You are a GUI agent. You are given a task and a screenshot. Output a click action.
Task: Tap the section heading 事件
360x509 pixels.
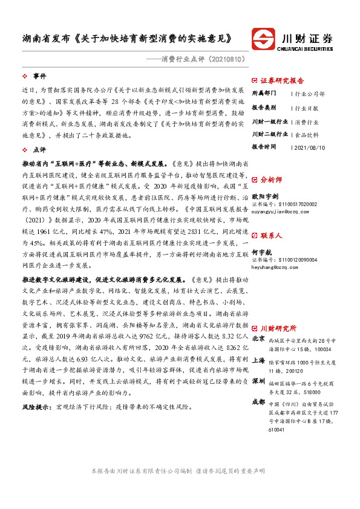click(x=39, y=76)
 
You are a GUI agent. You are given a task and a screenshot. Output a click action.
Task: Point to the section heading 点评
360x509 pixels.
click(x=39, y=149)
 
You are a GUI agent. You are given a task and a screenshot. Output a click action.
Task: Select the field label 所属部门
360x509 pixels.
click(x=264, y=94)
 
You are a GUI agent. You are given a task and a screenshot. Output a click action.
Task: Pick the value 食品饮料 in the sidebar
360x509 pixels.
click(x=308, y=134)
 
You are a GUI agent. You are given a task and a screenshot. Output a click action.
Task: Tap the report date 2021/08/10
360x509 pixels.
click(x=309, y=147)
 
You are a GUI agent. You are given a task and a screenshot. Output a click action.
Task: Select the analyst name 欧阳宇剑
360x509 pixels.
click(x=264, y=196)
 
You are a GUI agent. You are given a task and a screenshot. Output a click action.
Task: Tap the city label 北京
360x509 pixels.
click(x=258, y=339)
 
